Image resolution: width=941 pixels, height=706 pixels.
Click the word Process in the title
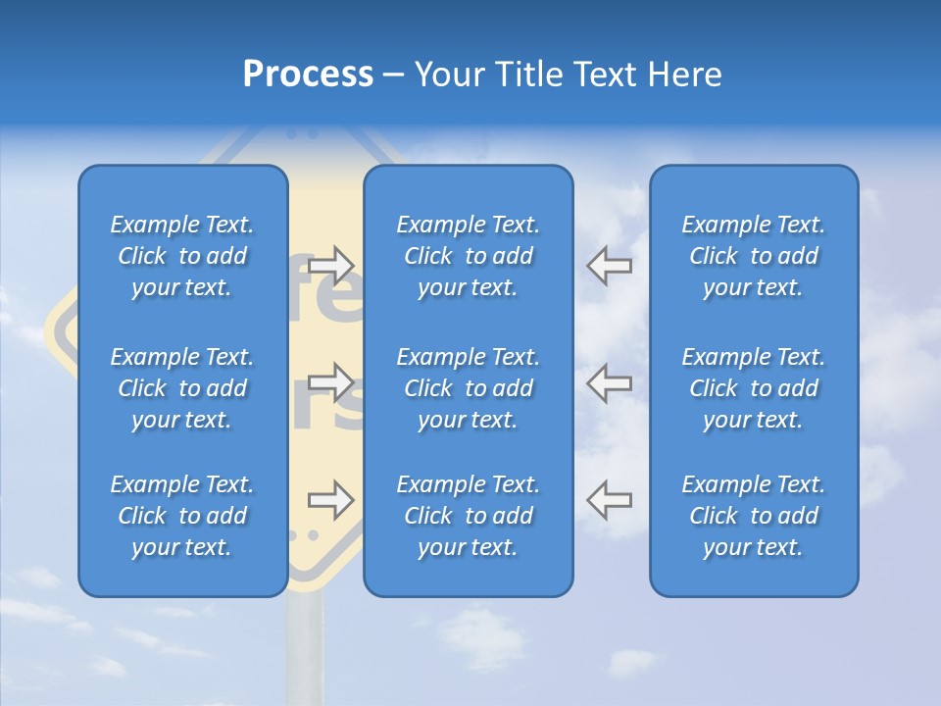(308, 75)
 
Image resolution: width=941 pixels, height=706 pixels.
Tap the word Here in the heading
(684, 75)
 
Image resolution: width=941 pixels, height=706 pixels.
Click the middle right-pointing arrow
(331, 382)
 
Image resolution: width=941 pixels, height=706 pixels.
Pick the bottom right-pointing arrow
(331, 500)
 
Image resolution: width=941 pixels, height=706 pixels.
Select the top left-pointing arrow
(610, 265)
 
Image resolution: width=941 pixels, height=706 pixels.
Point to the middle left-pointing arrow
(610, 382)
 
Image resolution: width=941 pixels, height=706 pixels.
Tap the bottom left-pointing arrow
(610, 500)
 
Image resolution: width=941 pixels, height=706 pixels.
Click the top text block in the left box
(182, 256)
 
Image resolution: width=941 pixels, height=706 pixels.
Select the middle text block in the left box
(182, 388)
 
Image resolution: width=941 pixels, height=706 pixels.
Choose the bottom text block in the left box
(182, 516)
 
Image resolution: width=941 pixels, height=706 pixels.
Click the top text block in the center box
(469, 256)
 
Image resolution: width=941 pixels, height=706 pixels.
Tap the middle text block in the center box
(469, 388)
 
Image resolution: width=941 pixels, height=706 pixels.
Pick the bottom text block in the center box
(469, 516)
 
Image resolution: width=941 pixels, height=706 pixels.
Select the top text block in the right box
(754, 256)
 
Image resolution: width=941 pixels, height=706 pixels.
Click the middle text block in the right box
(754, 388)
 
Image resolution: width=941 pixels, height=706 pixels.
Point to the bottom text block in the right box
(754, 516)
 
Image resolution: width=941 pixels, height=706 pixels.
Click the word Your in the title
(452, 75)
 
